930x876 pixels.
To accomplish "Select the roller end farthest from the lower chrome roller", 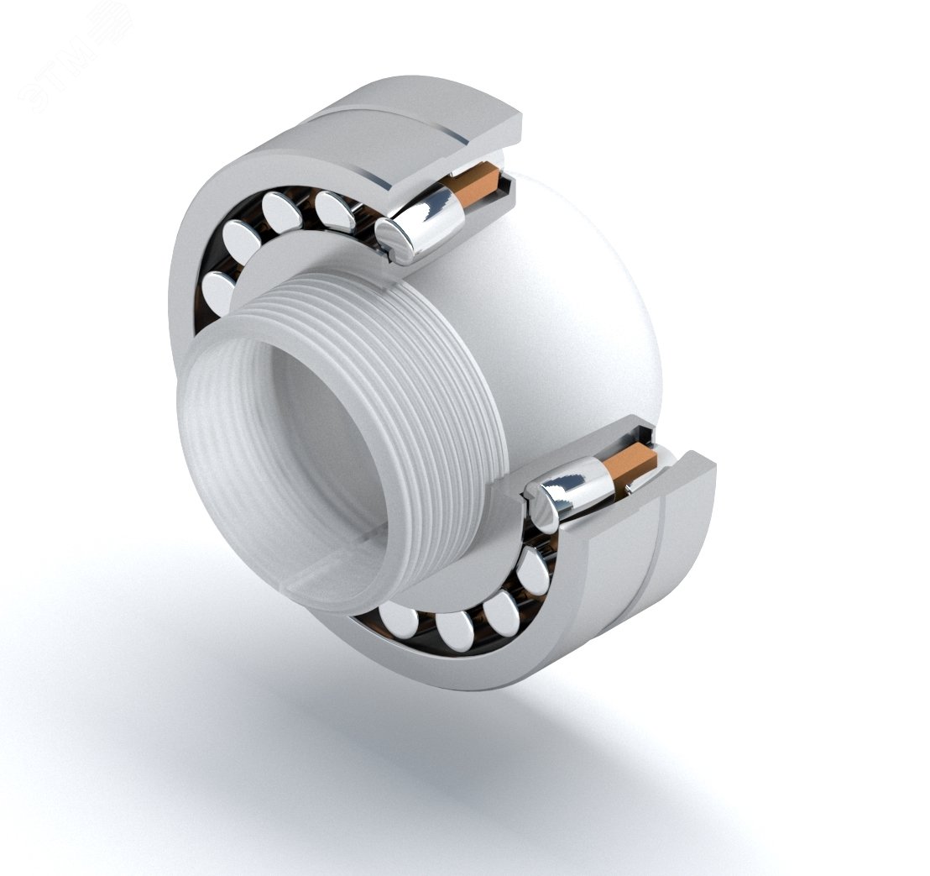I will click(x=399, y=622).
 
